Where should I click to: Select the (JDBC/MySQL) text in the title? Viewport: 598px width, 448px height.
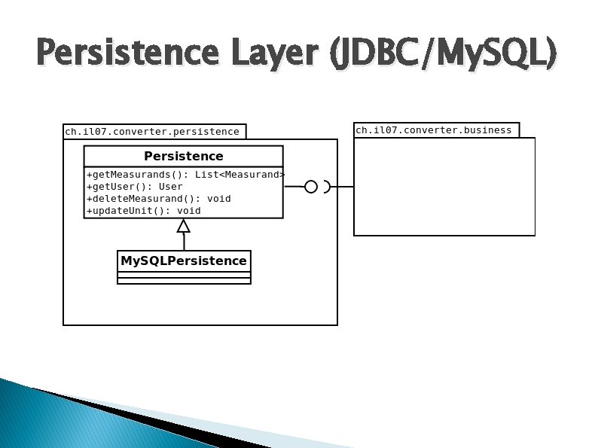[x=443, y=54]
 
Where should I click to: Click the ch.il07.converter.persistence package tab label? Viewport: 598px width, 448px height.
[x=152, y=132]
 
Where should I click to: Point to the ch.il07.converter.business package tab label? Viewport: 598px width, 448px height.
[x=434, y=130]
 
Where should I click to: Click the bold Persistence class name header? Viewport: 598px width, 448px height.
[x=183, y=157]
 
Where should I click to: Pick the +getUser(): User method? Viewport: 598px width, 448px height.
[x=135, y=187]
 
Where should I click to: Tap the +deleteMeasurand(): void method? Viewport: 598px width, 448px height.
[x=159, y=199]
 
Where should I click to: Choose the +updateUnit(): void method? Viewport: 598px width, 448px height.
[x=144, y=211]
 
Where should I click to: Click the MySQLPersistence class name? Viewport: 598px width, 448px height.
[x=183, y=261]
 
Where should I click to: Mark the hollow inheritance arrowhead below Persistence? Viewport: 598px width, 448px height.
[x=183, y=225]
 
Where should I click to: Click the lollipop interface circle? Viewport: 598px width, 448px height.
[x=311, y=187]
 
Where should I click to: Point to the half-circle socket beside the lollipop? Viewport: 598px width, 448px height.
[x=327, y=187]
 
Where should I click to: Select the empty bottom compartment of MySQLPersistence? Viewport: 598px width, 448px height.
[x=183, y=281]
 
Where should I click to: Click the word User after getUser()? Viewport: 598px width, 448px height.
[x=171, y=187]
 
